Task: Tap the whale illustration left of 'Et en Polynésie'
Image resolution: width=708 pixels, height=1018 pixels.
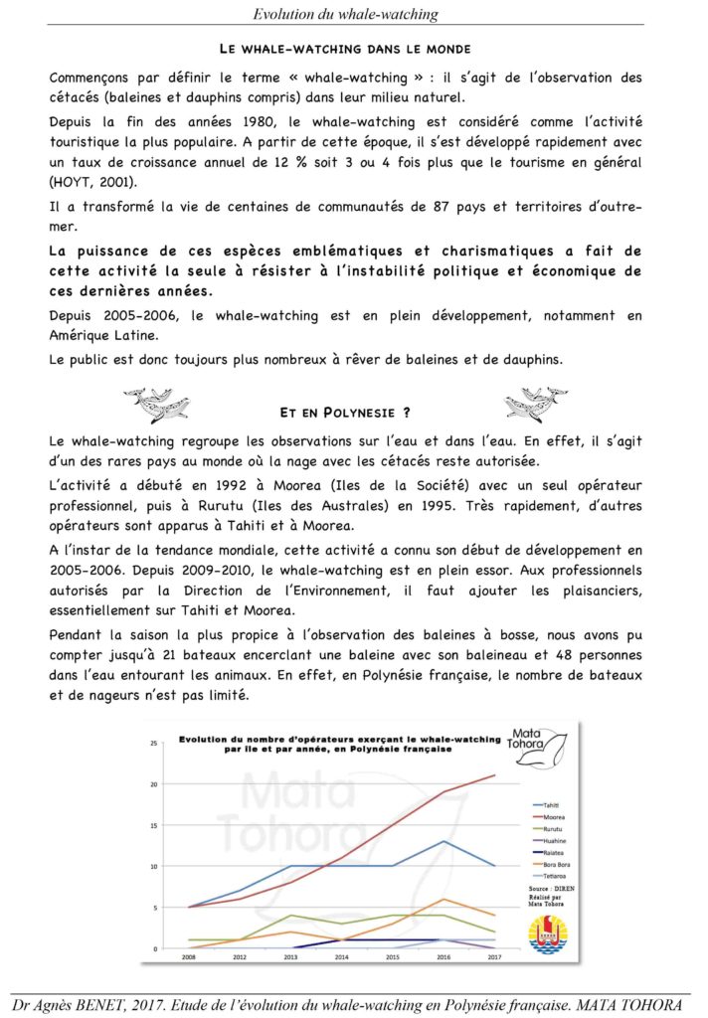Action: pos(156,405)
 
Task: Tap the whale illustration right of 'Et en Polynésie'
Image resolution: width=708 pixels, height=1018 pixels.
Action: pos(536,405)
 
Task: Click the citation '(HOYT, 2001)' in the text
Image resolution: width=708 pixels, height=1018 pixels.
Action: pos(88,181)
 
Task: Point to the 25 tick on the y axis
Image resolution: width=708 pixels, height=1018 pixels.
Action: pos(153,744)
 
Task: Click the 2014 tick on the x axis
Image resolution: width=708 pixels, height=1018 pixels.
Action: pos(342,957)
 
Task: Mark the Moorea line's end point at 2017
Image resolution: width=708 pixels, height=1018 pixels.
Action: pos(494,775)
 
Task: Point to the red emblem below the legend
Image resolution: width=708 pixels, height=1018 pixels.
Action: pos(548,933)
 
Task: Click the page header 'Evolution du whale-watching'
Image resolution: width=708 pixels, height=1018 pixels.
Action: pos(346,13)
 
